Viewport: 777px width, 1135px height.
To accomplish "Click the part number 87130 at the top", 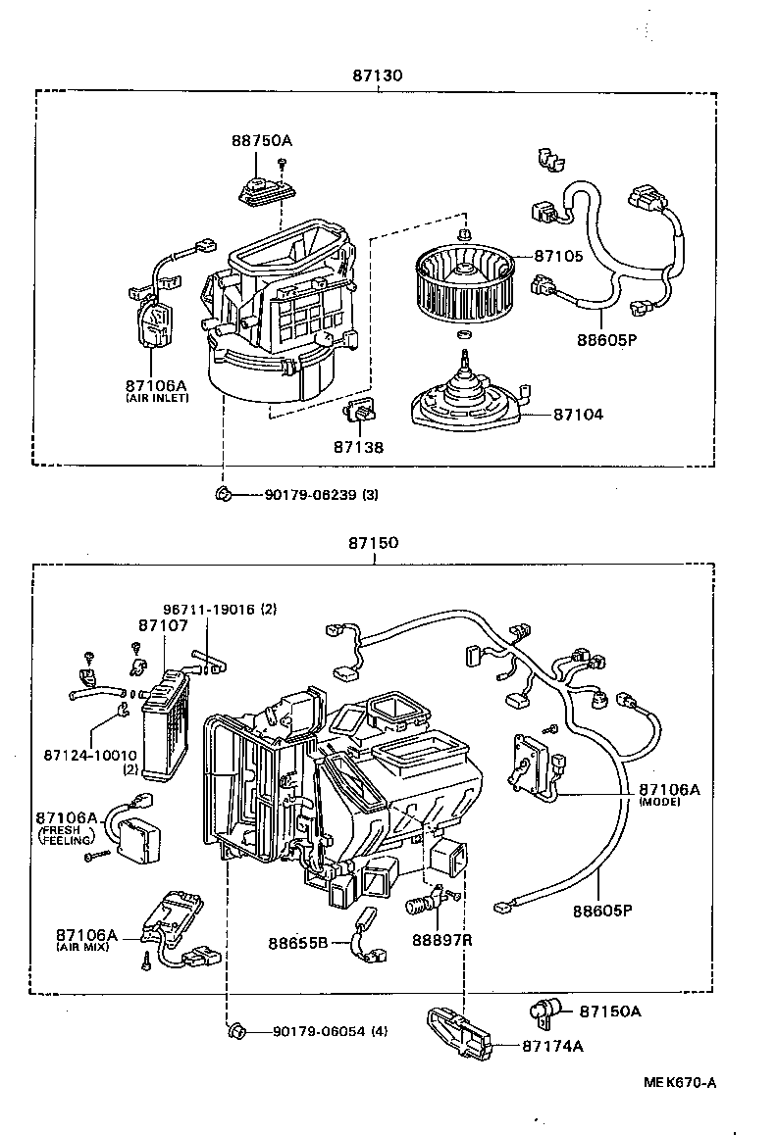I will (377, 74).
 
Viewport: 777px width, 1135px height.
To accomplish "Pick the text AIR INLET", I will (157, 399).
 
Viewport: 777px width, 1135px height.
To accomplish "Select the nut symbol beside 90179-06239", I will (224, 493).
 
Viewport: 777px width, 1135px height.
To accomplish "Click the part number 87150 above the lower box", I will (373, 543).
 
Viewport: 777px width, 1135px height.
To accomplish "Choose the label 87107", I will (158, 624).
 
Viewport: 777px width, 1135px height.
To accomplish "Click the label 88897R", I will (441, 941).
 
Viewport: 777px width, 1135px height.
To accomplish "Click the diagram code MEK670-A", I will (680, 1082).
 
